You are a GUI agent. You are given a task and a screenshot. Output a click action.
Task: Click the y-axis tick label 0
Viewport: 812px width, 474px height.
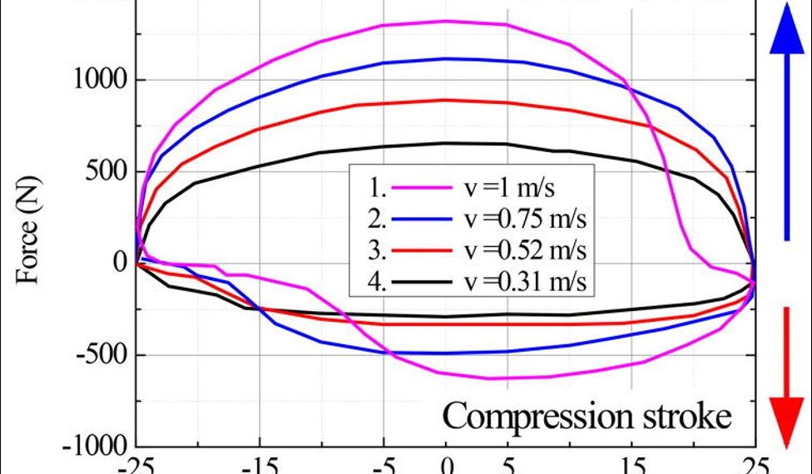(x=119, y=264)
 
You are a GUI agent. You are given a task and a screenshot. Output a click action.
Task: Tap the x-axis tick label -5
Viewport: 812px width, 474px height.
(x=384, y=467)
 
